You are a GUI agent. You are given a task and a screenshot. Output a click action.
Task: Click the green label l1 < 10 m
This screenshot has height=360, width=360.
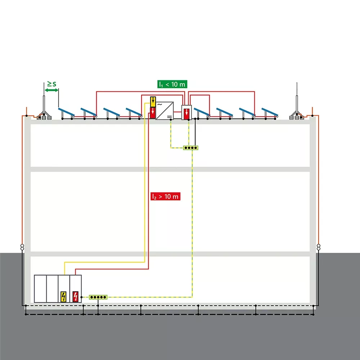pos(172,84)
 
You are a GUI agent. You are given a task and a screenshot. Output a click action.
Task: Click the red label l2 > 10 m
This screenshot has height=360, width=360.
pos(165,197)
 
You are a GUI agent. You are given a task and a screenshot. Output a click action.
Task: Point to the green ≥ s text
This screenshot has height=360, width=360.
pos(52,84)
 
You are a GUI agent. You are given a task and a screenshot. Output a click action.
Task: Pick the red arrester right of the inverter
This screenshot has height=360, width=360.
pos(186,113)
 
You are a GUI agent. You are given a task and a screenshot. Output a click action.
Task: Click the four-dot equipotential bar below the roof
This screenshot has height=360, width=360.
pos(190,148)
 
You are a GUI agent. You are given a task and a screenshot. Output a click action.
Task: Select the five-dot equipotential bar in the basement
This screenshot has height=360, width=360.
pos(98,297)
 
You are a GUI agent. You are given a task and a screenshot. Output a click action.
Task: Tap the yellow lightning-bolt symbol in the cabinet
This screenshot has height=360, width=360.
pos(64,297)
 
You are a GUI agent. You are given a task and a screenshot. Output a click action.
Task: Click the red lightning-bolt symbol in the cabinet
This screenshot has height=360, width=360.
pos(75,297)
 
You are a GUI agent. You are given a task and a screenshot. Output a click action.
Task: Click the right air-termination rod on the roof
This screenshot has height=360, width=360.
pos(296,97)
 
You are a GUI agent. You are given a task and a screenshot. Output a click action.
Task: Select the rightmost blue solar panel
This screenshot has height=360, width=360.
pos(270,111)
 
